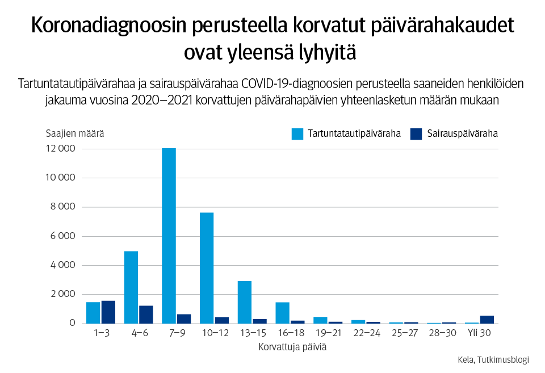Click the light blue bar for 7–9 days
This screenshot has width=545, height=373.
pos(169,236)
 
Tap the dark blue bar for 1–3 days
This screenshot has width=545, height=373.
pos(108,312)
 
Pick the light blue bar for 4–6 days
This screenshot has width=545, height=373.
pos(131,287)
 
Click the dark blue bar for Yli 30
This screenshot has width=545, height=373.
pos(487,320)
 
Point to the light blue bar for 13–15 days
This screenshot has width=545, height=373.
pos(245,302)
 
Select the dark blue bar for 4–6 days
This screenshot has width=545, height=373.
pos(146,315)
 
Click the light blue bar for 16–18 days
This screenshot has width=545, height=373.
pos(283,313)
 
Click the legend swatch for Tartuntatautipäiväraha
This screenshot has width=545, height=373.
pos(297,134)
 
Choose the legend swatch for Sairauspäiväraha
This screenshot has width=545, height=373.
pos(416,134)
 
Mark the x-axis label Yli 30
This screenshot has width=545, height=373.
pos(479,333)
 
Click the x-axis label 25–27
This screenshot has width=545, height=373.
pos(404,333)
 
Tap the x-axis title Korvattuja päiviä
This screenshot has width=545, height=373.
pos(292,346)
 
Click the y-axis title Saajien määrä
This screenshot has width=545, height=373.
pos(74,134)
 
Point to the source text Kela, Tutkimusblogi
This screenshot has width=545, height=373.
pos(493,359)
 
